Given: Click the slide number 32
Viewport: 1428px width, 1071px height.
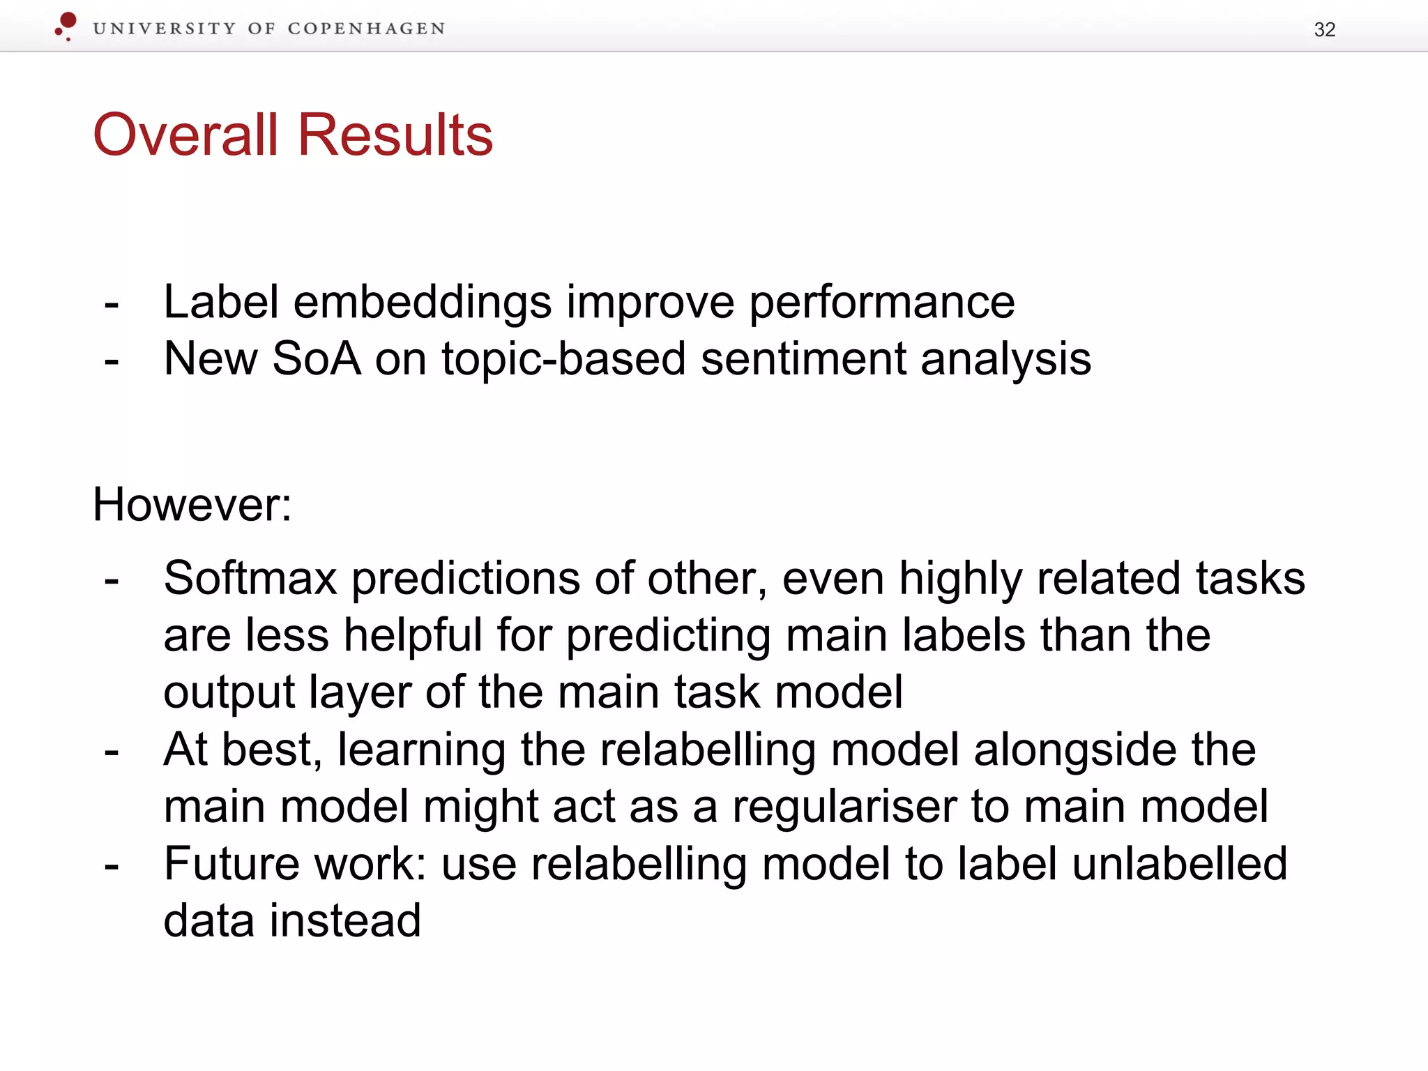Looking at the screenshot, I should pos(1324,30).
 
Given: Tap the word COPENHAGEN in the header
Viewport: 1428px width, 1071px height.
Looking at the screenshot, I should pos(366,29).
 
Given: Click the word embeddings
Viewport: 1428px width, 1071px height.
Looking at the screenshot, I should pos(423,302).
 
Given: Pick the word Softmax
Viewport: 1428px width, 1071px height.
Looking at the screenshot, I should pos(250,578).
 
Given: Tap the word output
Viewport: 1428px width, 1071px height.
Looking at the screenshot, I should pos(229,694).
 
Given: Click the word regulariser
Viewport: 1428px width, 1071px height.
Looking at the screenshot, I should pos(843,807).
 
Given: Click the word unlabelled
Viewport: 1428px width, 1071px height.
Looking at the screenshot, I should pos(1178,863).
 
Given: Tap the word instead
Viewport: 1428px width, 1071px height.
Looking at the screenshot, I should pos(345,920).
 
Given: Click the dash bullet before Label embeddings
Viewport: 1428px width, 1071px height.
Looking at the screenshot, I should pos(111,305).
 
